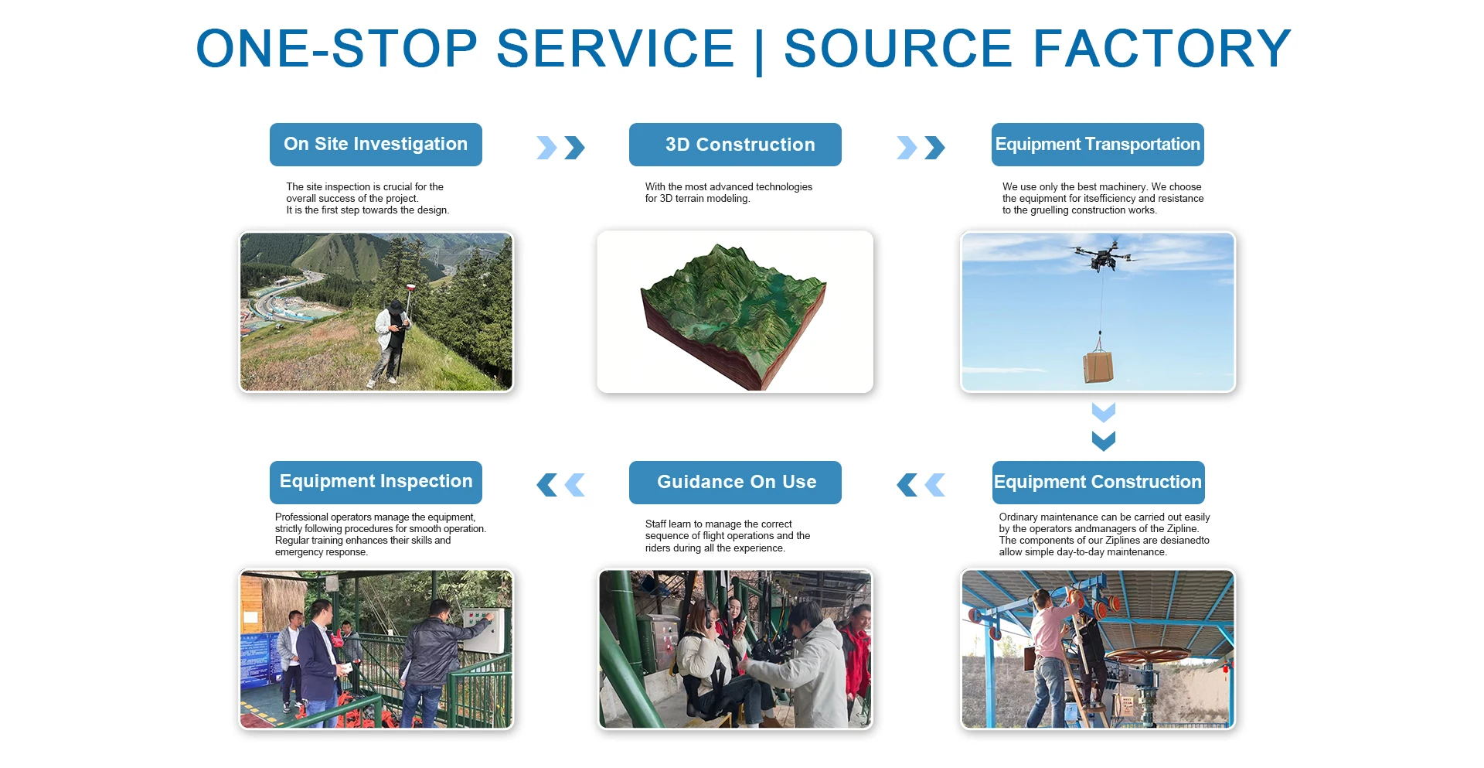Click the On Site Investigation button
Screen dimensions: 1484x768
376,145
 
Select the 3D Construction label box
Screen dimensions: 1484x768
735,145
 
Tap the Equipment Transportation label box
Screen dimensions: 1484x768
1098,145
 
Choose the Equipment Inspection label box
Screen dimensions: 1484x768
376,483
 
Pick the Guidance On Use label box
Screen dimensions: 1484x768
735,483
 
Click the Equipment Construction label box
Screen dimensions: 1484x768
1098,483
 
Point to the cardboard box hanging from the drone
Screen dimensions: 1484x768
1098,366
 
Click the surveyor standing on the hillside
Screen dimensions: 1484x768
393,341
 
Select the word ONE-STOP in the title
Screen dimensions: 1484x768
337,49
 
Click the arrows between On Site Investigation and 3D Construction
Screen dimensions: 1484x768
560,148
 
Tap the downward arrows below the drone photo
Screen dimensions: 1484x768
1104,426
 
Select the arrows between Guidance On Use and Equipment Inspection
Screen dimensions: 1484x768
560,485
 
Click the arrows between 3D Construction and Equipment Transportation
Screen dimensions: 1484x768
921,148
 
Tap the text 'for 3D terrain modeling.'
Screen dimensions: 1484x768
697,199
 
